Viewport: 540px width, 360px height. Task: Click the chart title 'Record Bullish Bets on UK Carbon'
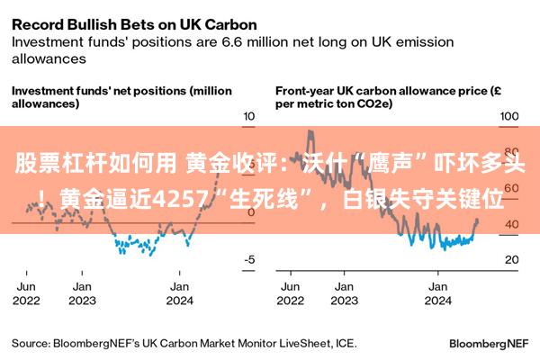click(x=134, y=25)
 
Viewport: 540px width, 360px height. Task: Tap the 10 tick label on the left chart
click(x=249, y=116)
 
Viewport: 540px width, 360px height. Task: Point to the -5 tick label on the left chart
click(x=249, y=259)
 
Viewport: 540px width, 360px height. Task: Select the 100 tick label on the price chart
click(x=509, y=116)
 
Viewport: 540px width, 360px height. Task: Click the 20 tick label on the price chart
click(x=512, y=259)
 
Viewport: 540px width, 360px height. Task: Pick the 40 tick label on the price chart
click(x=512, y=224)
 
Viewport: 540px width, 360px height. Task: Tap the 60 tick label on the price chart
click(x=512, y=188)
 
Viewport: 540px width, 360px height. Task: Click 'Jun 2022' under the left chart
click(x=26, y=293)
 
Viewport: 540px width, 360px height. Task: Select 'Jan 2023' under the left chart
click(x=82, y=293)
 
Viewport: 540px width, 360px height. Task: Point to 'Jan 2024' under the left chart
click(x=179, y=293)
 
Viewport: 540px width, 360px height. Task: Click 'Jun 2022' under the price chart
click(x=291, y=293)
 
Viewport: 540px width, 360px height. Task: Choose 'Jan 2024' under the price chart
click(x=437, y=293)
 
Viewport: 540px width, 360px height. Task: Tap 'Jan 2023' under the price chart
click(x=345, y=293)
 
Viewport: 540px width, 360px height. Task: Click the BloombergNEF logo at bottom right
click(x=489, y=344)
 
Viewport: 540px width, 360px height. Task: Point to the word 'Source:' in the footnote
click(x=31, y=344)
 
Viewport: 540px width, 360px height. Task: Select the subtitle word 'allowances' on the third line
click(x=49, y=58)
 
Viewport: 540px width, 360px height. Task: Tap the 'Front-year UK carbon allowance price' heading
click(x=382, y=91)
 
